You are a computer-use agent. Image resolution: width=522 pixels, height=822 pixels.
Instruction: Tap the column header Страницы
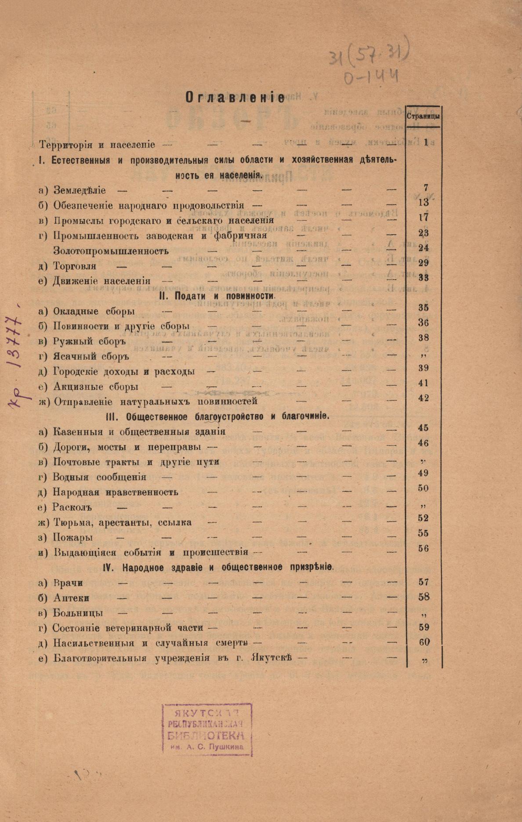click(424, 116)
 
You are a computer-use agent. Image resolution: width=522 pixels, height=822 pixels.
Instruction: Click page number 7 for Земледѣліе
click(425, 188)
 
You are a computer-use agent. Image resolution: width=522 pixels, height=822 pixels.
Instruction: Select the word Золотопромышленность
click(111, 251)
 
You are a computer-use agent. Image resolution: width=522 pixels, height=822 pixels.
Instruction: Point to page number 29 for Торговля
click(424, 263)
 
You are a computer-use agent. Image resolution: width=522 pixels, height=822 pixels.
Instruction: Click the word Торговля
click(75, 266)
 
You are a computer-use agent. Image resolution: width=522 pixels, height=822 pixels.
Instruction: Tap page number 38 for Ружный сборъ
click(424, 338)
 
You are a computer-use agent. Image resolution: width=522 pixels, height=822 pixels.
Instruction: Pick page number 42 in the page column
click(424, 398)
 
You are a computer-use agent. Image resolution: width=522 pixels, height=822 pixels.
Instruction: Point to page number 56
click(424, 548)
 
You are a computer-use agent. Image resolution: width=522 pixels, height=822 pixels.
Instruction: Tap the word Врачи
click(68, 583)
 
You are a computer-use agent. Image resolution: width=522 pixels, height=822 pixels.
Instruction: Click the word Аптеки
click(72, 598)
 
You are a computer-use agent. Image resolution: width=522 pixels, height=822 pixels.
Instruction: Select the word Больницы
click(78, 613)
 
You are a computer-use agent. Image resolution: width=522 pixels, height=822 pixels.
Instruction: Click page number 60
click(424, 642)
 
